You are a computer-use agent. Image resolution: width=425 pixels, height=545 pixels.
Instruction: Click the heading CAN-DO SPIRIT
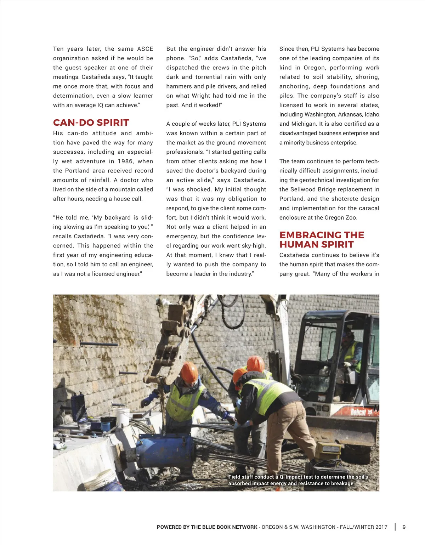pos(91,123)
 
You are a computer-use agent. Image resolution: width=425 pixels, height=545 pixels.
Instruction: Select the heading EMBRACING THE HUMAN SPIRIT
pos(322,240)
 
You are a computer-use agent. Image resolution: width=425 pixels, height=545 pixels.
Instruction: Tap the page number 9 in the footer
pos(404,527)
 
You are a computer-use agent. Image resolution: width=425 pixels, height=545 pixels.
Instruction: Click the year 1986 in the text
pos(126,161)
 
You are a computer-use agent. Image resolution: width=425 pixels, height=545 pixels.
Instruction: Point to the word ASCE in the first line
pos(145,49)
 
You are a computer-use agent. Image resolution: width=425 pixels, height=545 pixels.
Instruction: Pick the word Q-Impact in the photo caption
pos(291,477)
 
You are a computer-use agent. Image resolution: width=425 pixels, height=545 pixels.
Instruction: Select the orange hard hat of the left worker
pos(189,371)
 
